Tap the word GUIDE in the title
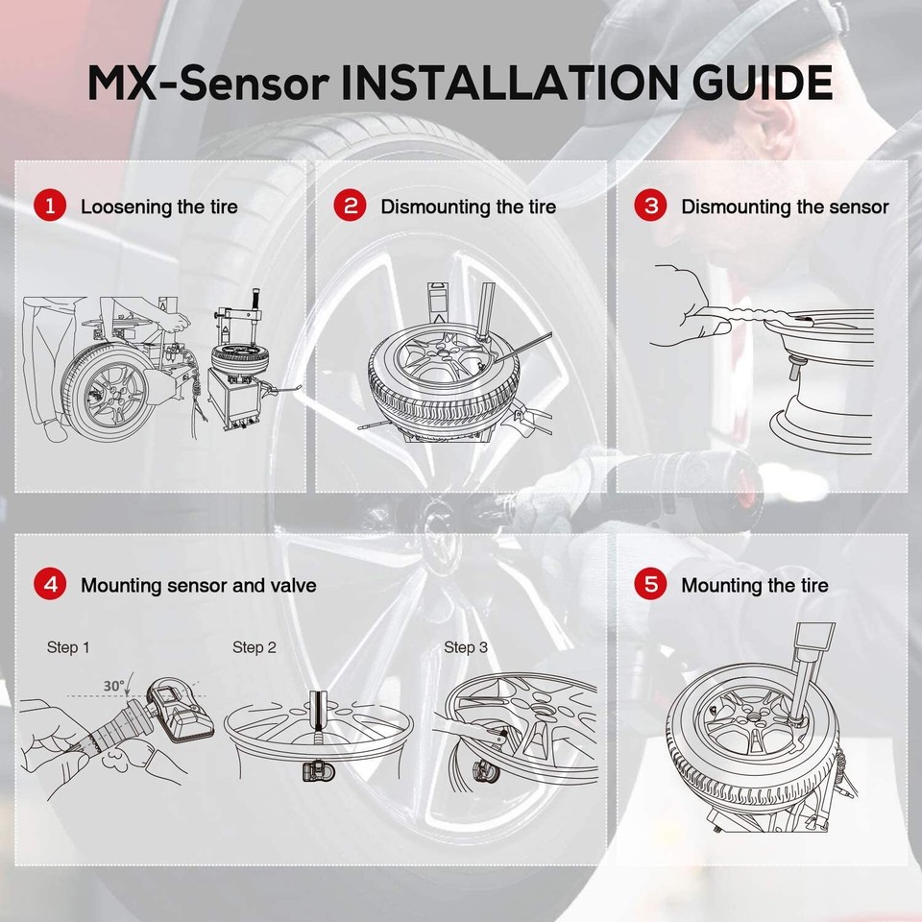coord(749,84)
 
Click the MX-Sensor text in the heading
coord(207,84)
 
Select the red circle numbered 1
coord(50,206)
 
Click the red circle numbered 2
coord(351,206)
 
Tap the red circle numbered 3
coord(651,206)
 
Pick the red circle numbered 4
coord(50,585)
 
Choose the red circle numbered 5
coord(651,585)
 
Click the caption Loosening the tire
coord(159,206)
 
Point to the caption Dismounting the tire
coord(468,206)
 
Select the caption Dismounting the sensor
coord(785,206)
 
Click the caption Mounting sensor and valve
coord(198,585)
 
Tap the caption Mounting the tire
coord(754,585)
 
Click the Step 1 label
coord(68,648)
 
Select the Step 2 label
coord(254,648)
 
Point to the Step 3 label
coord(465,648)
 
